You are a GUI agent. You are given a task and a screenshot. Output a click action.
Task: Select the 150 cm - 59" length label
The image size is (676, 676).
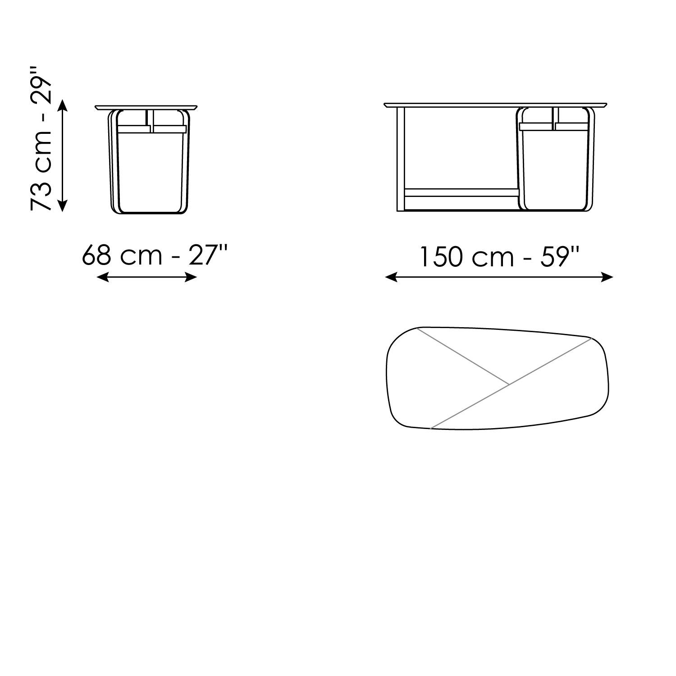click(x=499, y=257)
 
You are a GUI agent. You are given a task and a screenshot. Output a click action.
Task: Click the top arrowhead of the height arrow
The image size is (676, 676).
click(x=63, y=105)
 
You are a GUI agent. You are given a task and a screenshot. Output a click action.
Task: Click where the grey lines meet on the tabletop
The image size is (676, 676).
click(x=509, y=384)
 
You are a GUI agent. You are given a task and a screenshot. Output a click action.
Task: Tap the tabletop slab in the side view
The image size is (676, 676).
click(x=146, y=107)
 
